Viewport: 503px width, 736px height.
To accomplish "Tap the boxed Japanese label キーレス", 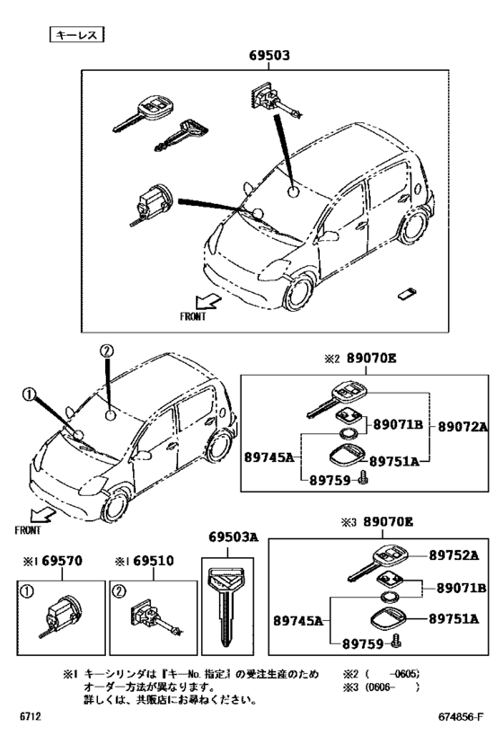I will click(76, 35).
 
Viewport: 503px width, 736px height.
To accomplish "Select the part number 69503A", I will click(234, 537).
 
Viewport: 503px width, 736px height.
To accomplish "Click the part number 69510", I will click(149, 561).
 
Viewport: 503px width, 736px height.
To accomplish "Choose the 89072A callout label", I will click(463, 427).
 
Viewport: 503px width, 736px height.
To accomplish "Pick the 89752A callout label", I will click(453, 556).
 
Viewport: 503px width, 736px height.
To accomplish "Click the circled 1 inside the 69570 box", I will click(30, 592).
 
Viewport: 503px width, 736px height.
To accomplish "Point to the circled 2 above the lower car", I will click(106, 350).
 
